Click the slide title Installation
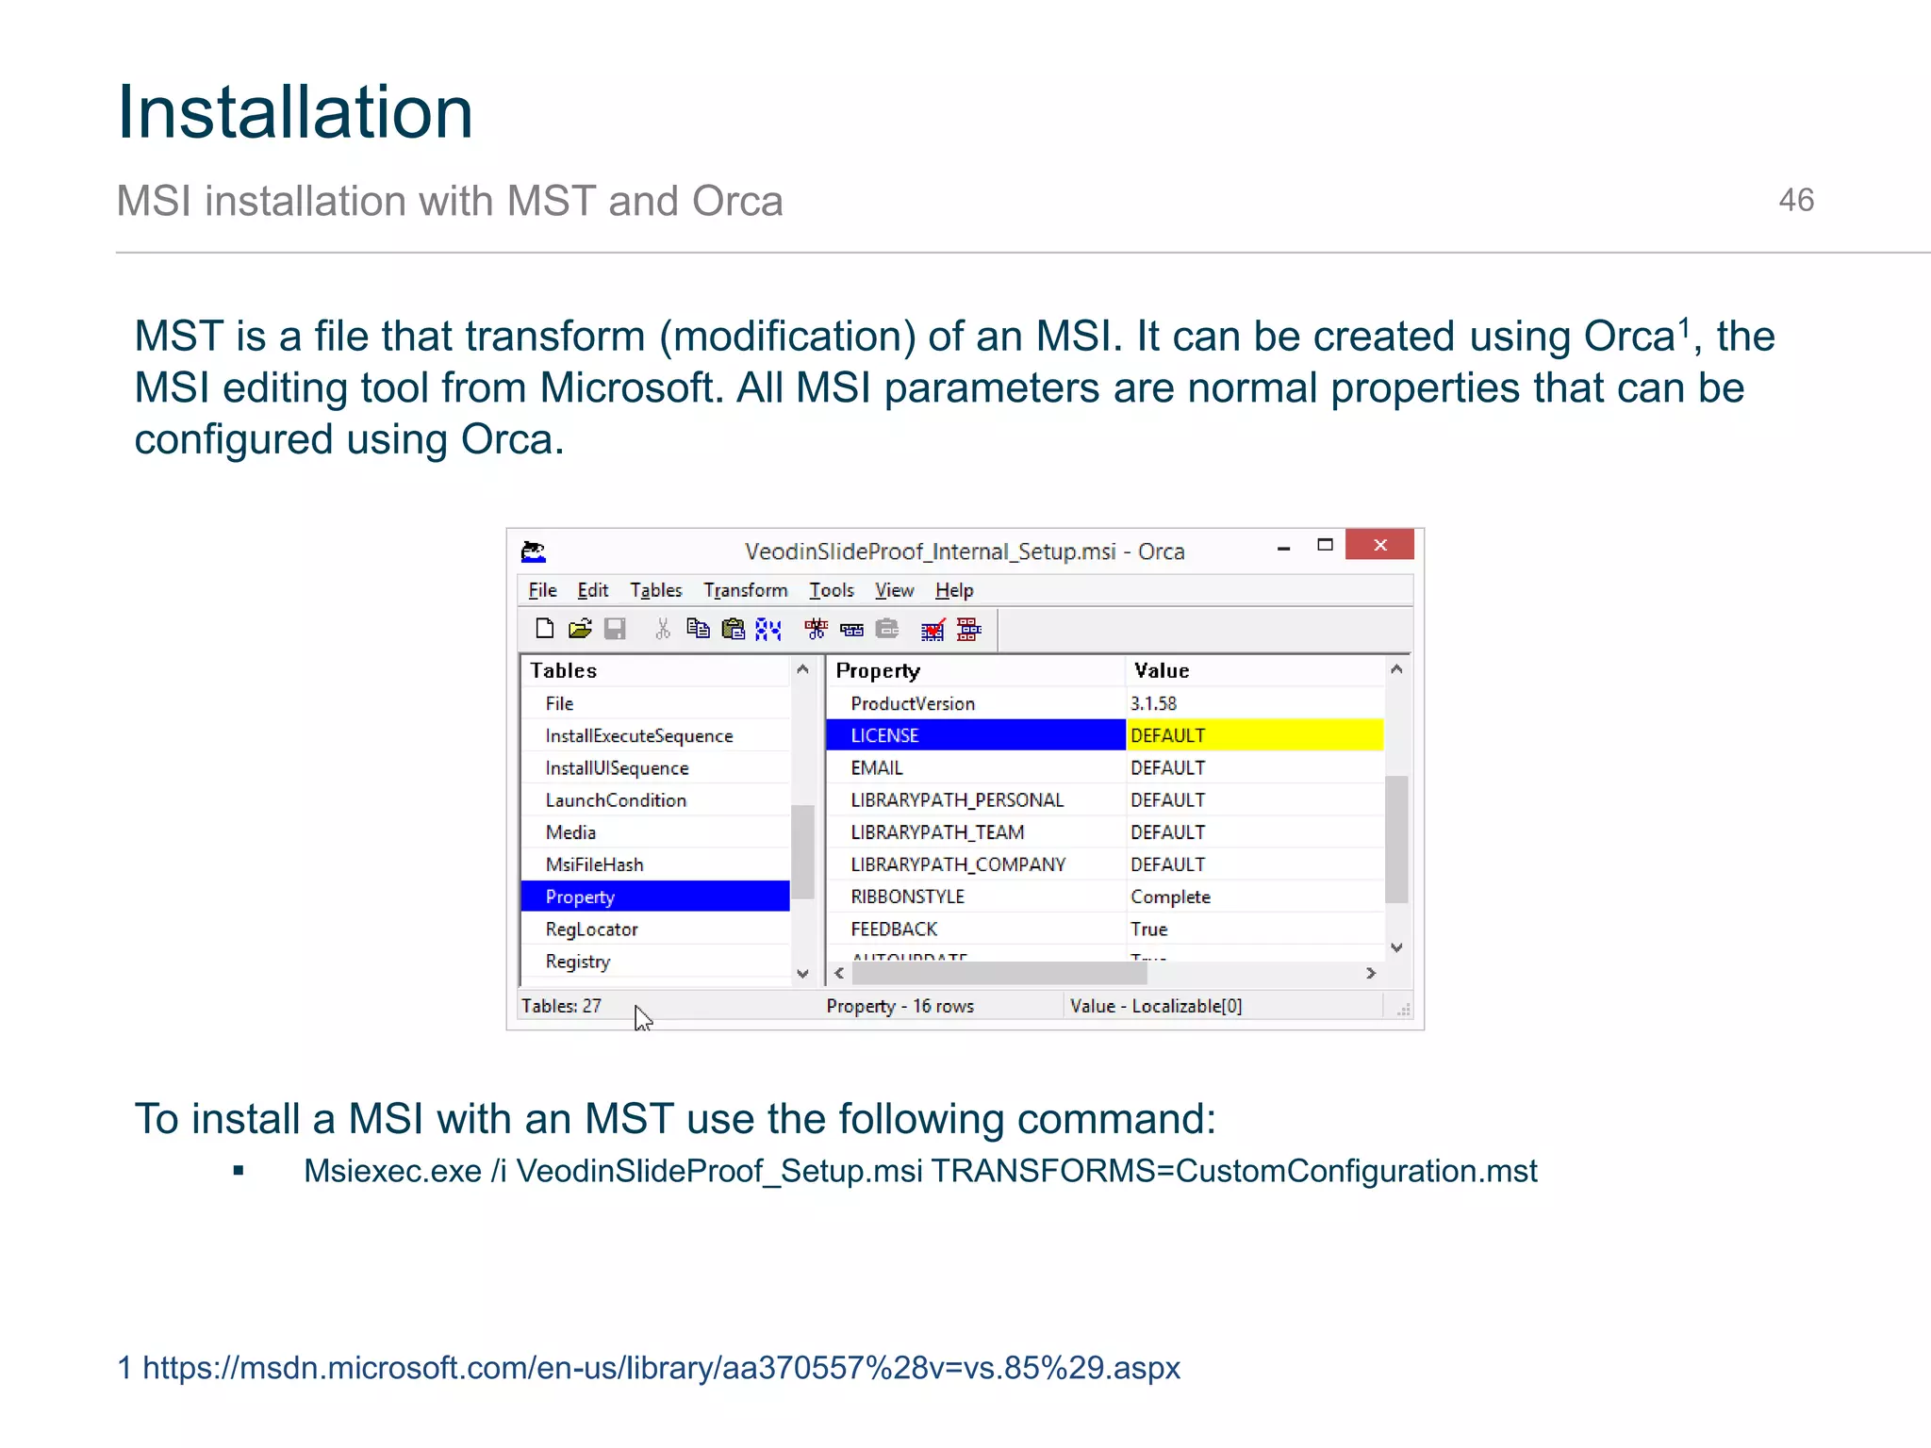point(294,112)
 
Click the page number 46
point(1795,200)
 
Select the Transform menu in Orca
point(745,590)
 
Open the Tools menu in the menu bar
point(831,590)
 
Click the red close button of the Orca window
point(1379,545)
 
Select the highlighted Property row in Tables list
point(654,897)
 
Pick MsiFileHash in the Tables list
point(594,864)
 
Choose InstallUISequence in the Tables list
point(617,768)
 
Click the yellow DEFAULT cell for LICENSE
point(1254,735)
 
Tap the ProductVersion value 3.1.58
point(1153,703)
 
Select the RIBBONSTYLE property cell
point(907,897)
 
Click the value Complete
point(1170,897)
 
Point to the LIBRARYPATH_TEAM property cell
point(937,832)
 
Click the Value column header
point(1162,670)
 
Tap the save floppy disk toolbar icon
point(615,629)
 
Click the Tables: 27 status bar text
point(561,1006)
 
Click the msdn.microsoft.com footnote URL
point(661,1367)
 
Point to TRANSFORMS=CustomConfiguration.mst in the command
point(1233,1171)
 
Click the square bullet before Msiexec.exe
point(239,1171)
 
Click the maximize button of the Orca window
point(1325,545)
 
